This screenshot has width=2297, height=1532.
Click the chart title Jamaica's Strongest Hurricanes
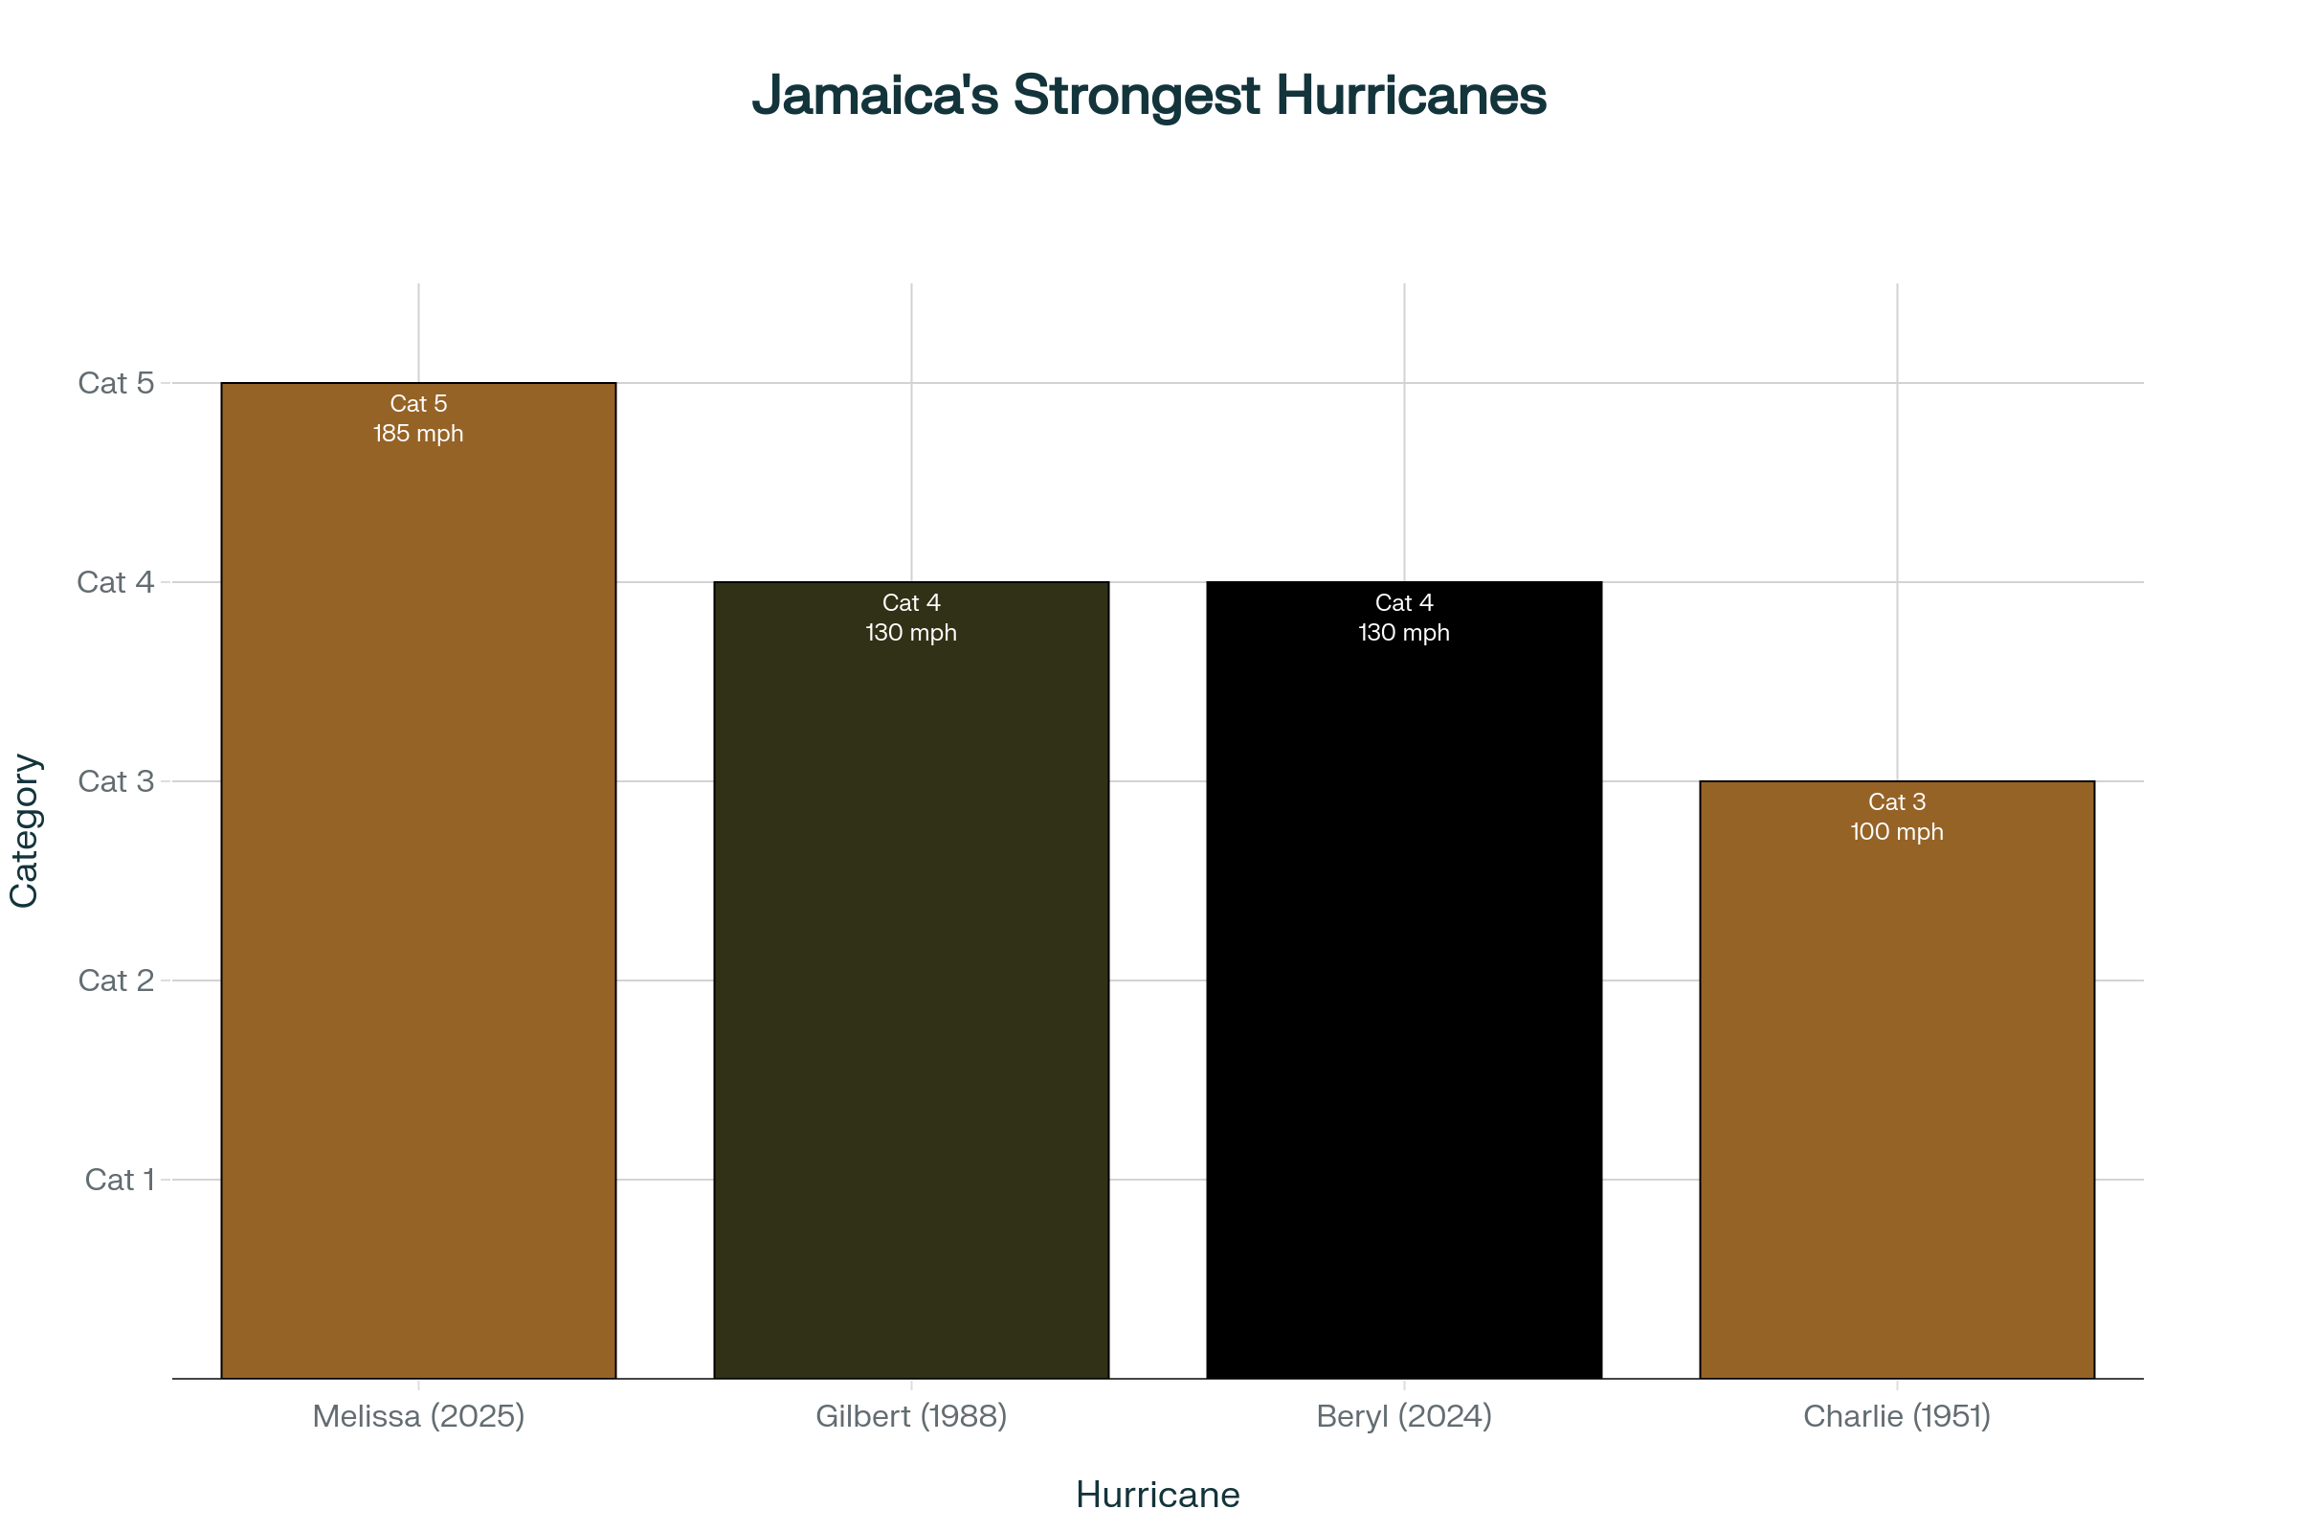[x=1148, y=95]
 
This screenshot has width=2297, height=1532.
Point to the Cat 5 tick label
[x=116, y=383]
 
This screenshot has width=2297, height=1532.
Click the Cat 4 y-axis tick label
[x=115, y=582]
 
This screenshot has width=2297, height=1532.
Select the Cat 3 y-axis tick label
[x=116, y=781]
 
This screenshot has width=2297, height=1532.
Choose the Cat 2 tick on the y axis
[x=116, y=980]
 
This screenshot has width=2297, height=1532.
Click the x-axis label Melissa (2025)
[x=418, y=1416]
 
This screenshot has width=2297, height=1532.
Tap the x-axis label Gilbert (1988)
[x=911, y=1416]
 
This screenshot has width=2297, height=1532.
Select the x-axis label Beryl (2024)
[x=1403, y=1416]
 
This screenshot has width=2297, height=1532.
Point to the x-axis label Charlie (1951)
[x=1897, y=1416]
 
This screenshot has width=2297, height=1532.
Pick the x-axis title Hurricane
[x=1157, y=1495]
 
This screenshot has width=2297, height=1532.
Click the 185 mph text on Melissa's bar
[x=418, y=434]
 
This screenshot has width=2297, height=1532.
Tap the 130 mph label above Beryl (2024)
[x=1403, y=633]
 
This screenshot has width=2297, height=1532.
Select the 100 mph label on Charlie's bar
[x=1897, y=832]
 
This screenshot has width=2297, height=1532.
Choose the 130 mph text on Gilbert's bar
[x=911, y=633]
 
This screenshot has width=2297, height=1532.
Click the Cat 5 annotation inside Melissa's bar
[x=418, y=403]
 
